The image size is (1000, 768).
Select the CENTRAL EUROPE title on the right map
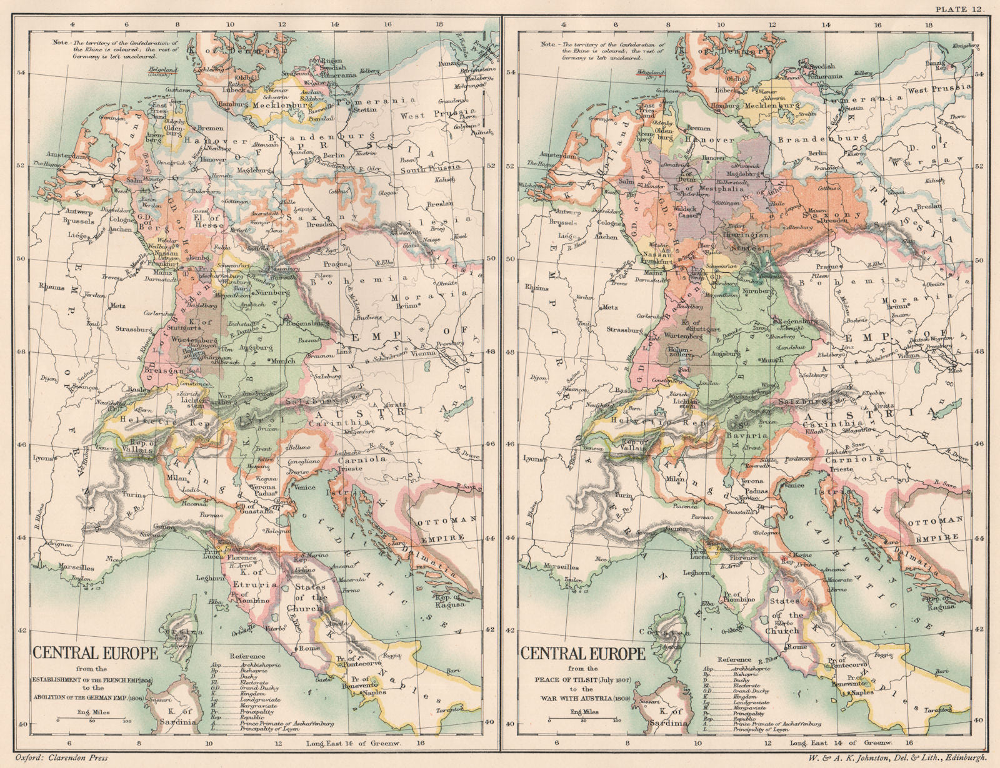click(582, 654)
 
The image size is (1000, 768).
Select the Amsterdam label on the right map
click(545, 154)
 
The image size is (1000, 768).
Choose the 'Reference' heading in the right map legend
click(734, 659)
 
